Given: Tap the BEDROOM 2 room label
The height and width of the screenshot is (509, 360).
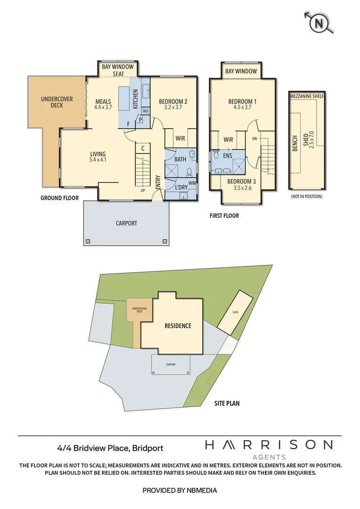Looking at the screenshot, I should point(173,101).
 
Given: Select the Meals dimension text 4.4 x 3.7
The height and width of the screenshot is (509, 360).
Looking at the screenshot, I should point(103,107).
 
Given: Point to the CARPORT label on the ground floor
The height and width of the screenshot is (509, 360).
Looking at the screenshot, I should point(126,223).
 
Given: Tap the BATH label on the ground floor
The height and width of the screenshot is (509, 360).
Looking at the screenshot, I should point(180,159).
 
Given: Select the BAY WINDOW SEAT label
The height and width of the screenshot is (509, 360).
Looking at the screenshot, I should point(118,70).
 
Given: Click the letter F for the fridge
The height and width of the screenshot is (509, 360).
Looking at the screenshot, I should point(128,124).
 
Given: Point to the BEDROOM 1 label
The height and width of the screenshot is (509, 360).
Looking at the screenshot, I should point(242,101).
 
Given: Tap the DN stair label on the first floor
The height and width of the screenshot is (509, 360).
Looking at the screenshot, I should point(255,139).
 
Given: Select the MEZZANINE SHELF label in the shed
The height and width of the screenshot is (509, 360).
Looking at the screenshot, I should point(307,96).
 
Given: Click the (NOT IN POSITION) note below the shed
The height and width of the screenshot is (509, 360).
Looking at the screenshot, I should point(307,196).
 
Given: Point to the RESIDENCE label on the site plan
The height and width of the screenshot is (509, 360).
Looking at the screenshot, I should point(178,326).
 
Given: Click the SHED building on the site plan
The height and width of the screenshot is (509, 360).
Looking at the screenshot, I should point(235,312).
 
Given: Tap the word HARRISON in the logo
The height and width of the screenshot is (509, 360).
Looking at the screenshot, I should point(269,444).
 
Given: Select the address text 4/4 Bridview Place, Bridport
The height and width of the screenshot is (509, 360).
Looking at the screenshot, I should point(110,448).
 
